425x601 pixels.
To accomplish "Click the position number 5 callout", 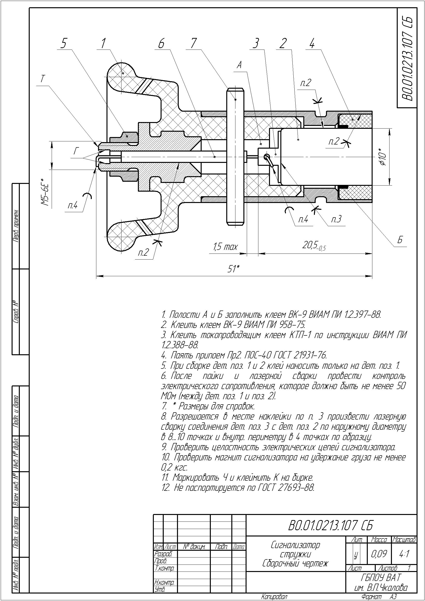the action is [x=64, y=43].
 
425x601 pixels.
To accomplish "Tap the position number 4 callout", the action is [x=312, y=43].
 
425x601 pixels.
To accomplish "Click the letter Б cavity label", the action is [x=400, y=240].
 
